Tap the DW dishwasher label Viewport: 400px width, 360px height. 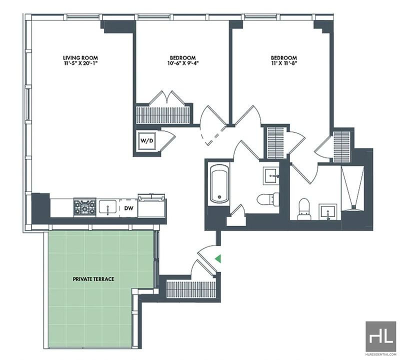129,208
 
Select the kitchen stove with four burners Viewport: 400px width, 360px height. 84,207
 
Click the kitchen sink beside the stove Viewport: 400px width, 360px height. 107,207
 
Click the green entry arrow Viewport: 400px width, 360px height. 217,258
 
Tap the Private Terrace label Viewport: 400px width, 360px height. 93,279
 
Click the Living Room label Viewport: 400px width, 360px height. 80,58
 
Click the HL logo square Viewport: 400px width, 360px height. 381,335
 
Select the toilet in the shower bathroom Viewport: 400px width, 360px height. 304,209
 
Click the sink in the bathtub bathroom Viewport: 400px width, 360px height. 271,176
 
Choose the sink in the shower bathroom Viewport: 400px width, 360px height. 328,211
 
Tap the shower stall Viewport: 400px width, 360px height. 353,188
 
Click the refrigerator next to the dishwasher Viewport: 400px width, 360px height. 151,205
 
